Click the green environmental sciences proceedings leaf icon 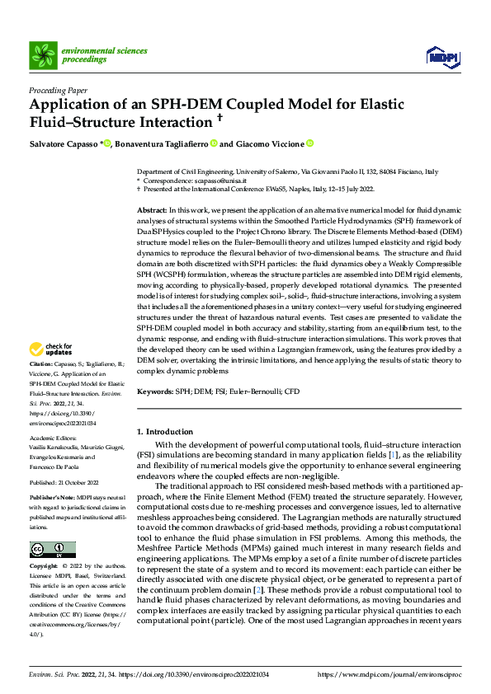coord(43,55)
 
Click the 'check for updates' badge coord(51,372)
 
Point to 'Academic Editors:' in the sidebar coord(52,438)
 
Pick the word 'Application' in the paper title coord(71,106)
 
